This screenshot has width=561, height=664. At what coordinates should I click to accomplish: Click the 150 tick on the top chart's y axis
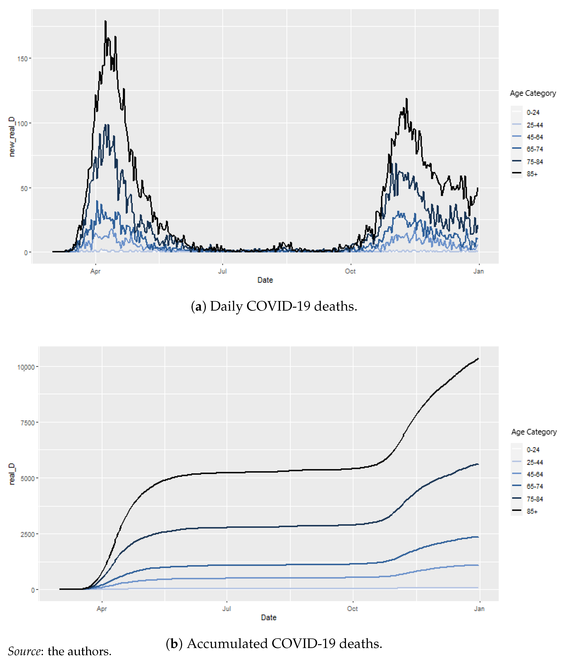[22, 59]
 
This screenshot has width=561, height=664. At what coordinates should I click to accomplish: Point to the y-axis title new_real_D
[12, 137]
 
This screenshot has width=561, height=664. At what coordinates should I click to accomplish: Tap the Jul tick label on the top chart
[222, 271]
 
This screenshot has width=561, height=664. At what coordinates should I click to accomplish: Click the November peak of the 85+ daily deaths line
[406, 99]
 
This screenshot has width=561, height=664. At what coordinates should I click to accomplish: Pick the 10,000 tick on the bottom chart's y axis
[26, 367]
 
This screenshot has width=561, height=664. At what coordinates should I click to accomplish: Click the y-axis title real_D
[12, 474]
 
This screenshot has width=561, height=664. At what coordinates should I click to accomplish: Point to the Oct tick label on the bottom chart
[352, 609]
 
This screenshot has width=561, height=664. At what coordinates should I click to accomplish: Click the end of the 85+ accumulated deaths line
[478, 359]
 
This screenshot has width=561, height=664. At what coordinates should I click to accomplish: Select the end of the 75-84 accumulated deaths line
[478, 465]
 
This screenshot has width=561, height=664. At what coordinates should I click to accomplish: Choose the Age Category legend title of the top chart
[533, 93]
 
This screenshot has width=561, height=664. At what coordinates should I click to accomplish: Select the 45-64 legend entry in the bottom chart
[535, 474]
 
